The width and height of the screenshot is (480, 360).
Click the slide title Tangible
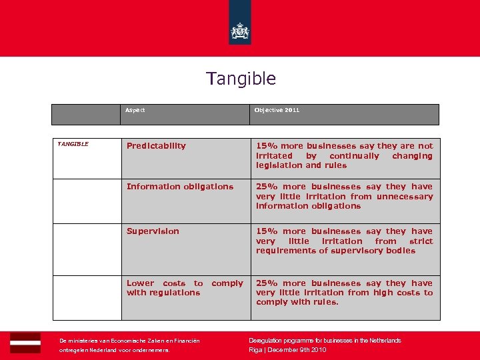click(241, 79)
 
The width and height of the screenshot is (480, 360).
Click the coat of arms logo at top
click(239, 30)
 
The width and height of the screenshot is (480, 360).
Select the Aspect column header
click(135, 110)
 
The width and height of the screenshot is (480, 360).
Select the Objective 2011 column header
click(277, 110)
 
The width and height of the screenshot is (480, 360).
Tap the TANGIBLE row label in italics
click(73, 143)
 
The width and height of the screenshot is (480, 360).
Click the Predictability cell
click(156, 146)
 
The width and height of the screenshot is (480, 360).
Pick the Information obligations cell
click(180, 187)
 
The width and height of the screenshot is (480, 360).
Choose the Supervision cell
click(153, 231)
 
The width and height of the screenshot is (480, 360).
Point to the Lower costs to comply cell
click(185, 288)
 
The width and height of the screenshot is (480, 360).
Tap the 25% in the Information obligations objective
click(267, 187)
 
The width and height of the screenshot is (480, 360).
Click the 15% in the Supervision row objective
click(267, 231)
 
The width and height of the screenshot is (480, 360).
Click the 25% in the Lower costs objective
click(267, 283)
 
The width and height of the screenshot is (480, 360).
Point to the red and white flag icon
click(25, 343)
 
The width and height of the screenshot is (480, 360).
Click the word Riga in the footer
click(255, 350)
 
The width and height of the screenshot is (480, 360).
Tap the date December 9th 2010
click(298, 350)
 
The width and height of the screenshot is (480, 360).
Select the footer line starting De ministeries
click(129, 341)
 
